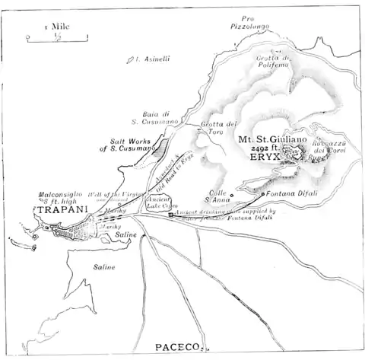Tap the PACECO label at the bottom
[178, 347]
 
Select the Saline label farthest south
[105, 267]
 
